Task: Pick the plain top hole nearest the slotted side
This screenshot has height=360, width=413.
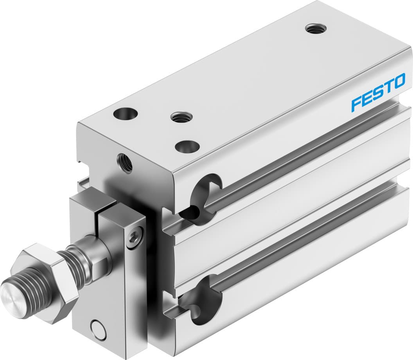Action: click(x=187, y=147)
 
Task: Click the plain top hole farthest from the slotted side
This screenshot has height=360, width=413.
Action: click(x=126, y=114)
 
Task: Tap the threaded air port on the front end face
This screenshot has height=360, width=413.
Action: click(x=124, y=163)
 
